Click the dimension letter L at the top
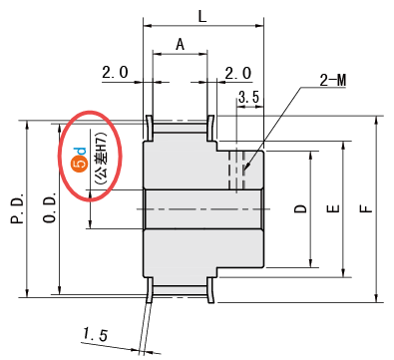[x=202, y=16]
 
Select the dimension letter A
[x=180, y=44]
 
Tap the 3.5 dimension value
[x=248, y=97]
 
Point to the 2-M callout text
[x=333, y=80]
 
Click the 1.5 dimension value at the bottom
[x=96, y=334]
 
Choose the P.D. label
[x=18, y=207]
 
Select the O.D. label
[x=50, y=206]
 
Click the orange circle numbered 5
[x=80, y=165]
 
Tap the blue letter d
[x=82, y=152]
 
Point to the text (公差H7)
[x=101, y=159]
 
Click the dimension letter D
[x=301, y=208]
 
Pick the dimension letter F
[x=366, y=208]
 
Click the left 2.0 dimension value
[x=115, y=72]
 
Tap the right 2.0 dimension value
[x=238, y=73]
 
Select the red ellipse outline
[x=58, y=157]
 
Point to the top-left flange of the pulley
[x=149, y=128]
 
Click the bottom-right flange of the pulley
[x=210, y=290]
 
